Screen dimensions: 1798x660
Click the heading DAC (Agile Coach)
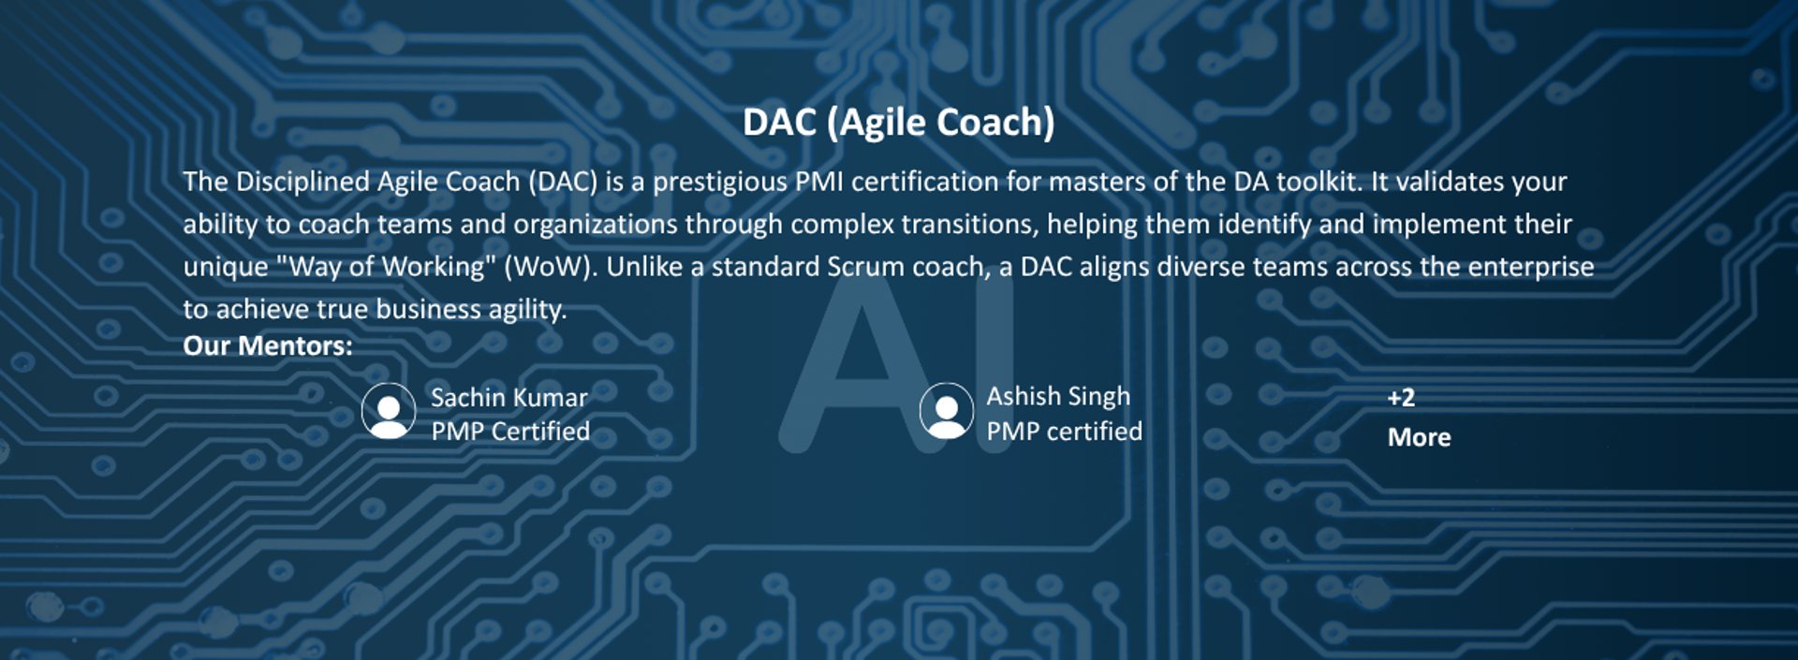coord(899,123)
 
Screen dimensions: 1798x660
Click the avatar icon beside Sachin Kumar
coord(389,411)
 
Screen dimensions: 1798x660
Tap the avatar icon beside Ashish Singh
coord(947,411)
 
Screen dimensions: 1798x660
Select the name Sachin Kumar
coord(509,397)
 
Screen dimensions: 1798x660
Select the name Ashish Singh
coord(1058,397)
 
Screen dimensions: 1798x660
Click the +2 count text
coord(1401,397)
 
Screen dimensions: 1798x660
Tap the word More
coord(1420,437)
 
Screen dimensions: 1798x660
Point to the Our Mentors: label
coord(268,345)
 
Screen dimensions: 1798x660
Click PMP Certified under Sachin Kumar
coord(510,432)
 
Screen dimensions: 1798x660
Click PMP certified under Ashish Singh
coord(1065,432)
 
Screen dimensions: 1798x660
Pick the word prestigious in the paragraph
coord(720,182)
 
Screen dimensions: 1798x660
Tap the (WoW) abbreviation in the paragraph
coord(551,267)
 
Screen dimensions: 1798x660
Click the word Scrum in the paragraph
coord(865,267)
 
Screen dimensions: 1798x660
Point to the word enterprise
coord(1531,268)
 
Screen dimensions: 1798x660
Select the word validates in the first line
coord(1442,181)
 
